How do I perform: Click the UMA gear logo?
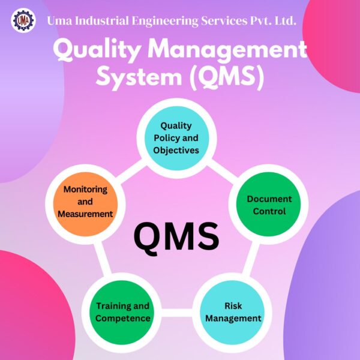(x=23, y=20)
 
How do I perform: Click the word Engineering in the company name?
(x=165, y=21)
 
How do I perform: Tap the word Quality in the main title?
(x=97, y=50)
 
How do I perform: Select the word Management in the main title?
(x=227, y=50)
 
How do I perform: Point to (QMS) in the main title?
(x=227, y=77)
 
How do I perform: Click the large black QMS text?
(x=176, y=236)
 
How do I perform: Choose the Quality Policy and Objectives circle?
(x=177, y=138)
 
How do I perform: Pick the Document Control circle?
(x=269, y=205)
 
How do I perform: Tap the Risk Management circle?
(x=232, y=312)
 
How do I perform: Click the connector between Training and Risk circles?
(x=177, y=313)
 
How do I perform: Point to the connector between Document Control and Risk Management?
(x=251, y=258)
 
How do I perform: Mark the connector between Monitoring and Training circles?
(x=103, y=258)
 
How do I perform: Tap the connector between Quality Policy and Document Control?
(x=222, y=169)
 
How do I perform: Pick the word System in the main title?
(x=139, y=77)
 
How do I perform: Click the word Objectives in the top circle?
(x=176, y=151)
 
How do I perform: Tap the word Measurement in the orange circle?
(x=85, y=214)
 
